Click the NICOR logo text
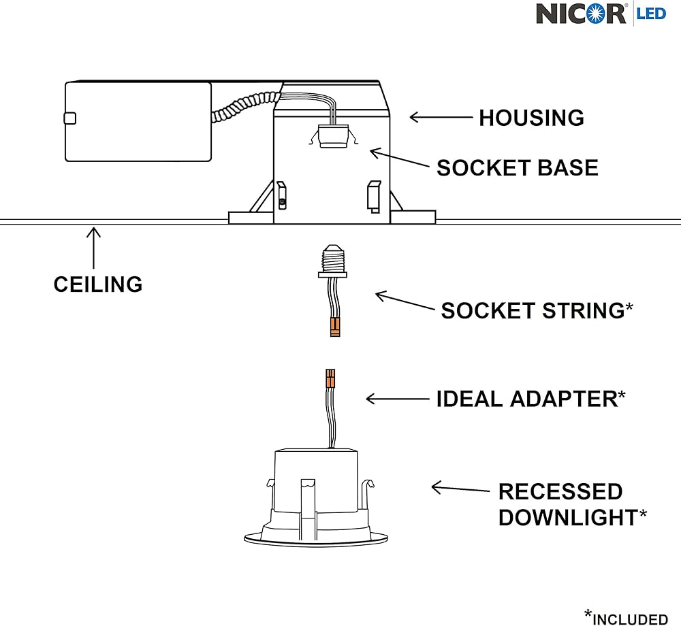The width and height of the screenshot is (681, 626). coord(580,14)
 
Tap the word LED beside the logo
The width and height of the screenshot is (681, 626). coord(650,13)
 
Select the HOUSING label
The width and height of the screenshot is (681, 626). coord(531,118)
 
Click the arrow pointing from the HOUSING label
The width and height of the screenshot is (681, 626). coord(441,117)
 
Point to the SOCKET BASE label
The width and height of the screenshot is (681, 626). coord(517,167)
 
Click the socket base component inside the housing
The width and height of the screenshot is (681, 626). coord(332,134)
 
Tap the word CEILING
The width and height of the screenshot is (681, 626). coord(98,284)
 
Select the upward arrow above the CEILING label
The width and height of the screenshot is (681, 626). coord(94,248)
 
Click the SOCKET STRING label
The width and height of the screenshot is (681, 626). coord(533,311)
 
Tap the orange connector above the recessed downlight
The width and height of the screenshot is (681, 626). coord(330,378)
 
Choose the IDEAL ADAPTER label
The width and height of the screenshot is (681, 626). coord(526,399)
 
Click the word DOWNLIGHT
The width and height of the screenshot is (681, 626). coord(568,517)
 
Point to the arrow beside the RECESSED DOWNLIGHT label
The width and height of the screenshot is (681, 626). coord(460,488)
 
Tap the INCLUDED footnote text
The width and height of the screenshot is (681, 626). coord(630,618)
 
